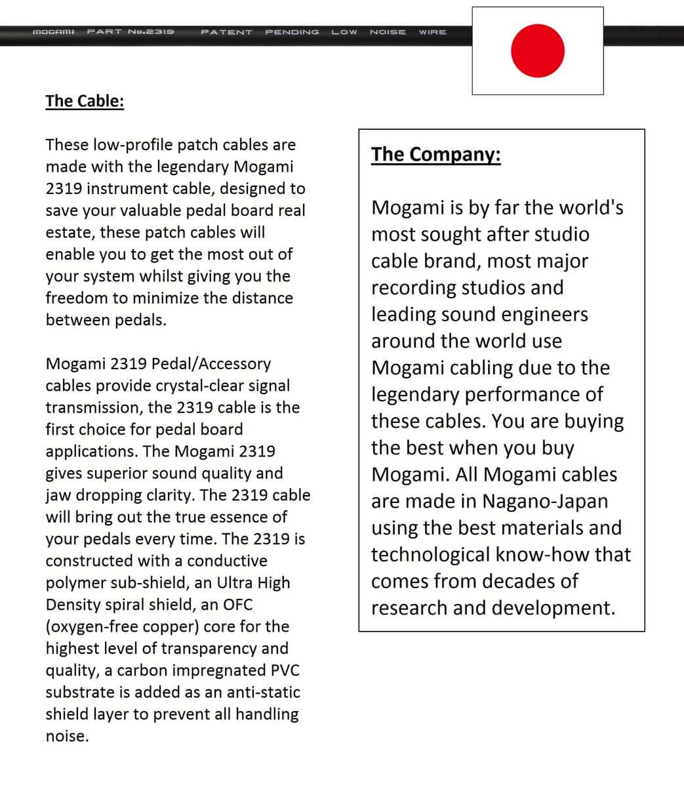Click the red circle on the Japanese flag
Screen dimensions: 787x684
[x=538, y=51]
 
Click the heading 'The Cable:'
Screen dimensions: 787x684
[x=85, y=101]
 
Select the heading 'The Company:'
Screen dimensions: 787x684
[x=436, y=155]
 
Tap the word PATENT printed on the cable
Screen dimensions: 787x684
[x=226, y=31]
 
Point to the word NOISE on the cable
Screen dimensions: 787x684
[x=388, y=31]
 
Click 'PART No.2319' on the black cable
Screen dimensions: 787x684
[x=131, y=31]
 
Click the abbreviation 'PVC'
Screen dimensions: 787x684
[x=285, y=670]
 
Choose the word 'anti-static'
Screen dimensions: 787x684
[x=264, y=693]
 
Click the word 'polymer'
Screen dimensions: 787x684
[x=74, y=583]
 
